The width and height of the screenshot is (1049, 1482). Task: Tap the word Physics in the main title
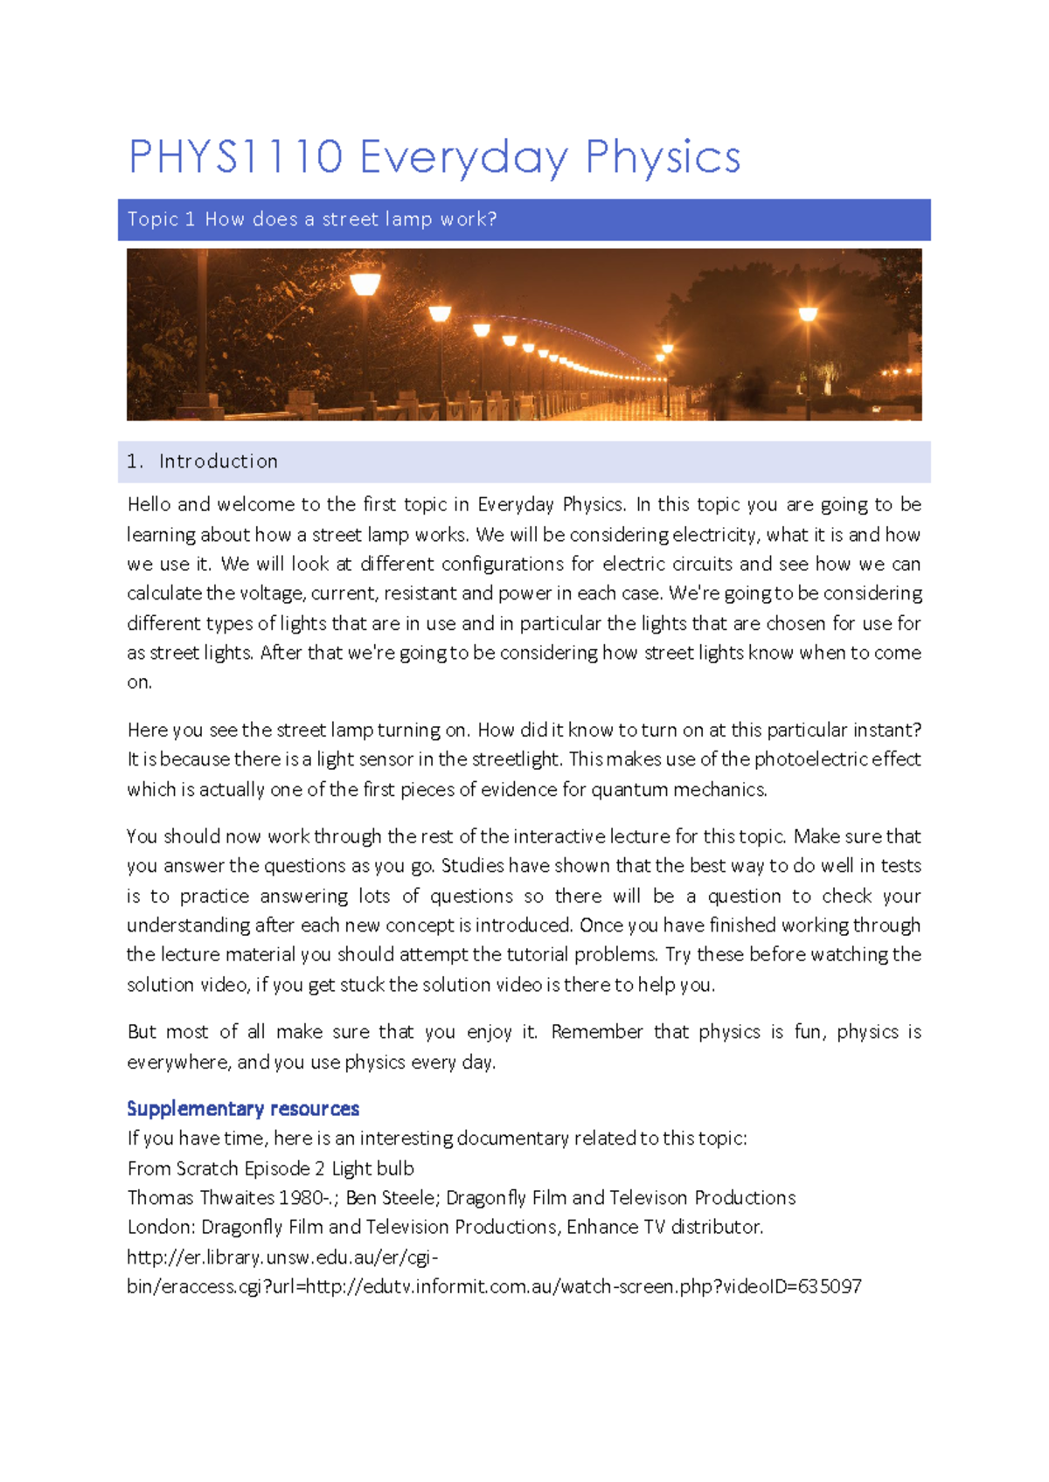tap(663, 157)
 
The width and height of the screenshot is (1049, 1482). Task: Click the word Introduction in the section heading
tap(219, 461)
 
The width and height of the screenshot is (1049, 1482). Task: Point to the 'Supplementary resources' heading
tap(243, 1109)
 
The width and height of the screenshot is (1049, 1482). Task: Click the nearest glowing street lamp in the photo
tap(365, 284)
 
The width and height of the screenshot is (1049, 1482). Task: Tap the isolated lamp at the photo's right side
tap(808, 314)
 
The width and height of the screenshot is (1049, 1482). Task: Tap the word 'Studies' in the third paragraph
tap(473, 866)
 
